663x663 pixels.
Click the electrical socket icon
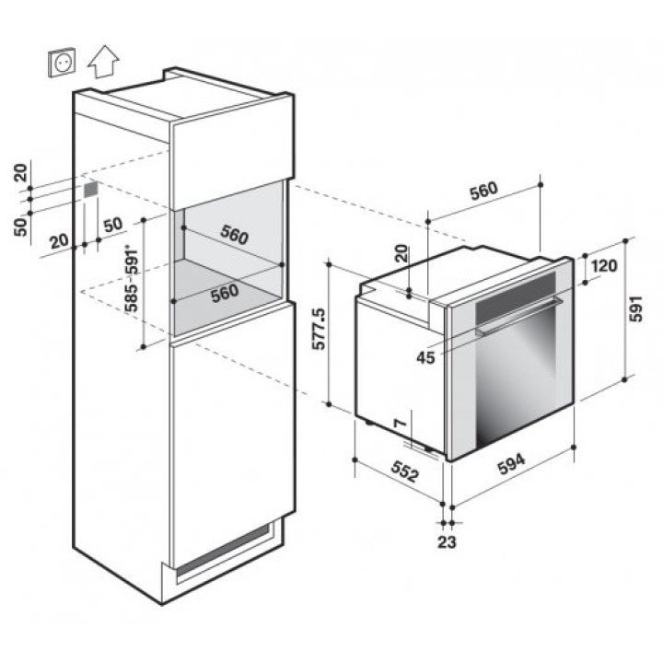63,63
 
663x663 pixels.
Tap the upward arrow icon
103,62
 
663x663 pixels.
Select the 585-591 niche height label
132,279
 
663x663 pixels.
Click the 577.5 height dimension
319,329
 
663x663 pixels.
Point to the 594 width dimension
511,464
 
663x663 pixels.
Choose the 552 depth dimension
405,471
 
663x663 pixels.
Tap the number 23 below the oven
447,541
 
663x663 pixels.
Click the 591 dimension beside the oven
635,308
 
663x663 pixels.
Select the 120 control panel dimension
604,266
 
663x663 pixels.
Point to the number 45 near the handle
425,358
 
